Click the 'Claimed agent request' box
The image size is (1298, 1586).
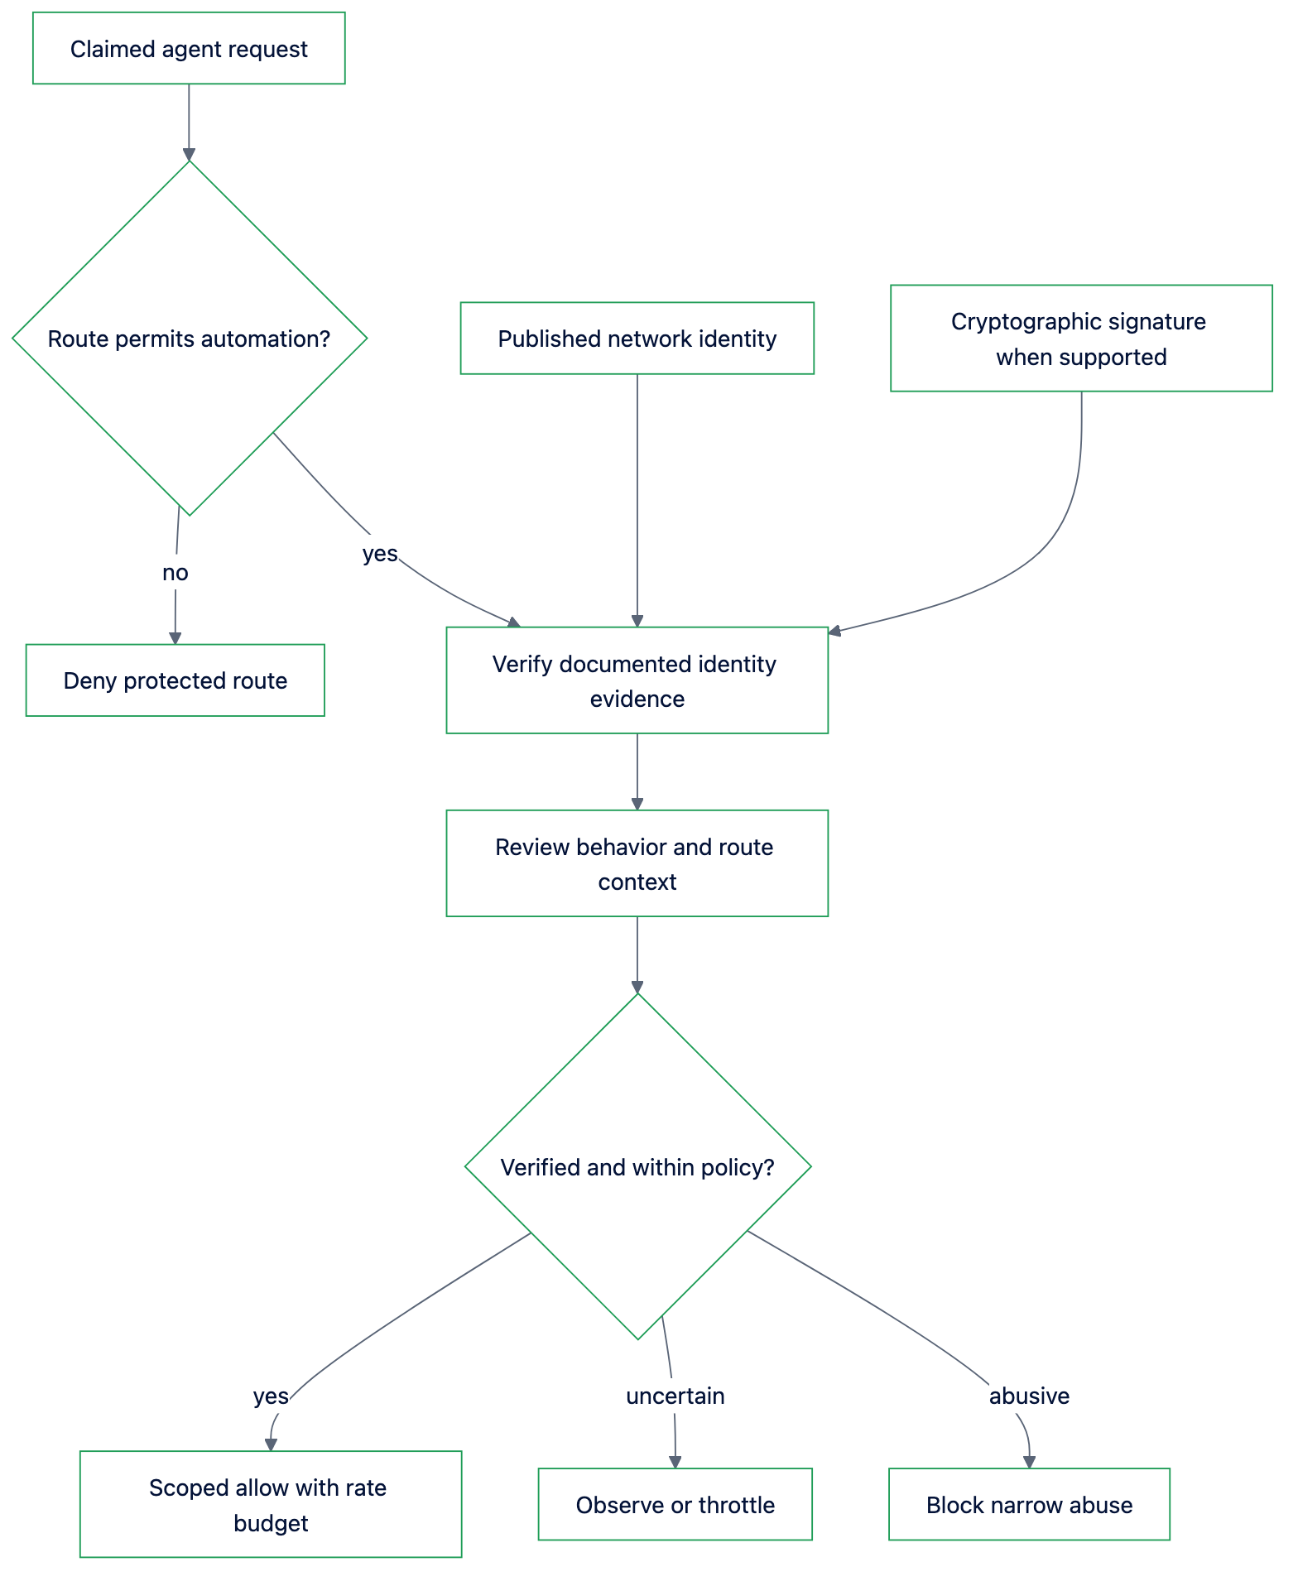(x=189, y=48)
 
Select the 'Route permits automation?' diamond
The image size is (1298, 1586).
(x=190, y=338)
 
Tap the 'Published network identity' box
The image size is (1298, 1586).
(x=637, y=338)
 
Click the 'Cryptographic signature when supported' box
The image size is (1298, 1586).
(x=1081, y=339)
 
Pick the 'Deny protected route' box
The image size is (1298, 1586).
(x=175, y=680)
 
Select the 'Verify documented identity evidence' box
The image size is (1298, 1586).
(x=637, y=680)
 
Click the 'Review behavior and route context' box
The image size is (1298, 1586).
(x=637, y=863)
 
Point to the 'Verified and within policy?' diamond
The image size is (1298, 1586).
(x=637, y=1166)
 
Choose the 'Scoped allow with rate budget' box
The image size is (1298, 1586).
(x=271, y=1504)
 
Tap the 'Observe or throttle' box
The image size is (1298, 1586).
(x=675, y=1504)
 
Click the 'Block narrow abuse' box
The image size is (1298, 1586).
(x=1029, y=1504)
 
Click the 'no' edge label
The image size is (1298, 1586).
(x=175, y=573)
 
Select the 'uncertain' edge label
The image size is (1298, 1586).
(x=675, y=1396)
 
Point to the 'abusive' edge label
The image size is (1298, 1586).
(x=1029, y=1396)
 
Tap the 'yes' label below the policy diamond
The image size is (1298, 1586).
(x=271, y=1396)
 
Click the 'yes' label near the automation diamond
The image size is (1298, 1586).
(x=380, y=554)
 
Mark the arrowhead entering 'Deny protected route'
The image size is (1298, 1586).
(x=175, y=638)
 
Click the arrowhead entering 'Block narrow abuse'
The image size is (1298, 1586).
(x=1029, y=1463)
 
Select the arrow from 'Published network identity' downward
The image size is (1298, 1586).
(x=637, y=501)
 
